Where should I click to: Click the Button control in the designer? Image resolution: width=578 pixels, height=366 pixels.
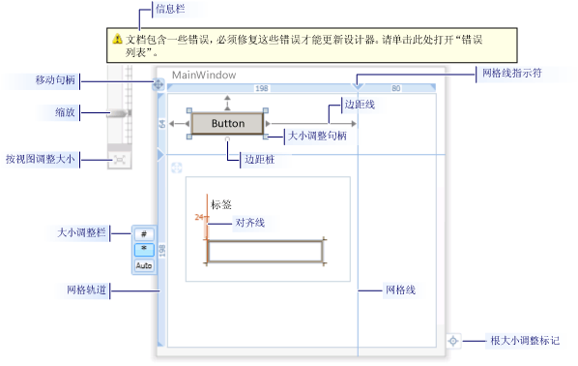click(x=227, y=124)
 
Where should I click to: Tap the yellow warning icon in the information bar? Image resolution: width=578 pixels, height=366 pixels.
click(x=117, y=39)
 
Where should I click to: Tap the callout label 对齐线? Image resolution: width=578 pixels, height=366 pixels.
click(x=249, y=223)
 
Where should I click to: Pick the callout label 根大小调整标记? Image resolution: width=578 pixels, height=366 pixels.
click(x=523, y=341)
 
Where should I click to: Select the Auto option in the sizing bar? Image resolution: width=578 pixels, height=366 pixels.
click(x=143, y=264)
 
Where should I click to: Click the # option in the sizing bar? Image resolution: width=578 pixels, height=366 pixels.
click(x=143, y=234)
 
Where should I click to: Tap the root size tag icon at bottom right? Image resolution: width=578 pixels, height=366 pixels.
click(x=453, y=341)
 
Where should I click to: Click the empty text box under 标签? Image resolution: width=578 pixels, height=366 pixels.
click(x=266, y=251)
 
